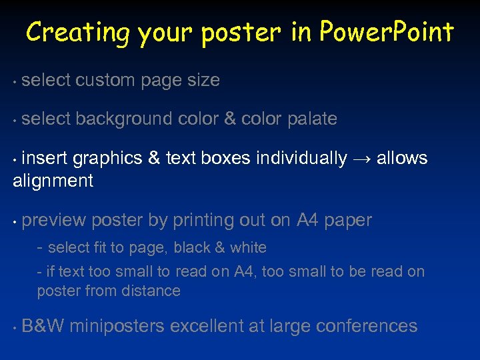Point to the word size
coord(203,81)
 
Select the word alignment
coord(53,181)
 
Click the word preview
coord(54,221)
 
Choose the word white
coord(248,248)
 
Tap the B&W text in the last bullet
coord(43,326)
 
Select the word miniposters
coord(117,327)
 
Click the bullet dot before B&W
coord(15,327)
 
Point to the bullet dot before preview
coord(15,221)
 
